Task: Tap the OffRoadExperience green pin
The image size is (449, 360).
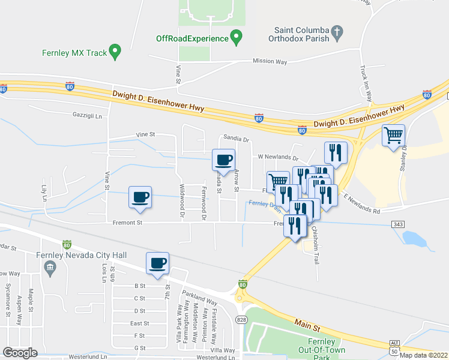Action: pyautogui.click(x=237, y=38)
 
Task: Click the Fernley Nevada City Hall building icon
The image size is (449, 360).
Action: pyautogui.click(x=50, y=266)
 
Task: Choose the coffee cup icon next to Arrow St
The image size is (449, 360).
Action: pyautogui.click(x=224, y=160)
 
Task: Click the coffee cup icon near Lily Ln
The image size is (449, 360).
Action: pyautogui.click(x=140, y=196)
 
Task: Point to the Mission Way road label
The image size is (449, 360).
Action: pyautogui.click(x=270, y=61)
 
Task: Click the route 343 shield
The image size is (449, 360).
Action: pyautogui.click(x=398, y=224)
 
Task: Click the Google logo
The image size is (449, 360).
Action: pyautogui.click(x=20, y=352)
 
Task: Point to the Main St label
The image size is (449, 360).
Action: pyautogui.click(x=307, y=325)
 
